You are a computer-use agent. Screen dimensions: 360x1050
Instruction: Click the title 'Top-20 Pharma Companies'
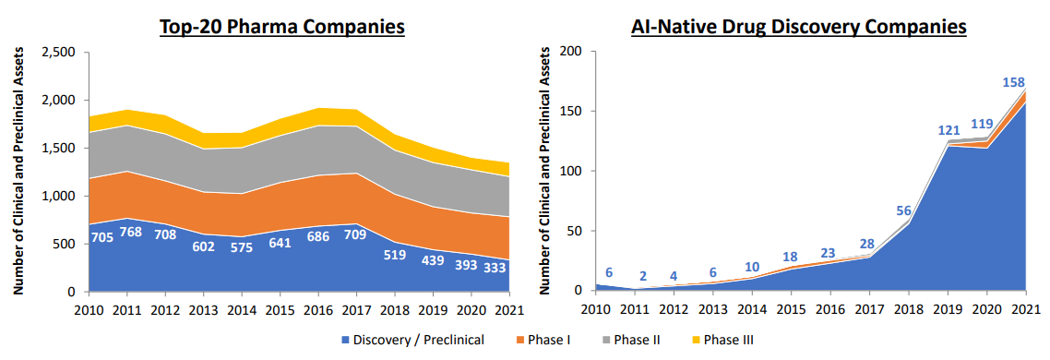click(x=282, y=27)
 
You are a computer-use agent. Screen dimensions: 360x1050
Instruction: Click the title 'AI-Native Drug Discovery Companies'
click(x=798, y=27)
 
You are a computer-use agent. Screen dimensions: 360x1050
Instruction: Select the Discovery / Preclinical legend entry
click(x=413, y=340)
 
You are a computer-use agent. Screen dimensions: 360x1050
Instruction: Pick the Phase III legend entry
click(x=722, y=340)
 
